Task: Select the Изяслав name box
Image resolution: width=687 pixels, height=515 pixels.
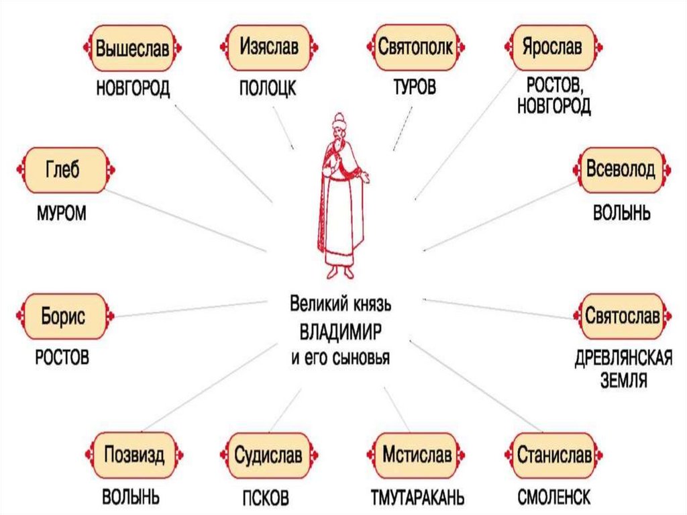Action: click(268, 48)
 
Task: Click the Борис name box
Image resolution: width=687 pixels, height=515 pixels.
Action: click(64, 316)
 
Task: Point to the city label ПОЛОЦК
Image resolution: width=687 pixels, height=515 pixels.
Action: click(267, 89)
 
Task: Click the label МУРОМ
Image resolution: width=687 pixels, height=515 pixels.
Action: click(62, 214)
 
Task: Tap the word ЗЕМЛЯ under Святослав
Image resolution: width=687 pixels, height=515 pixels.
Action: click(623, 382)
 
